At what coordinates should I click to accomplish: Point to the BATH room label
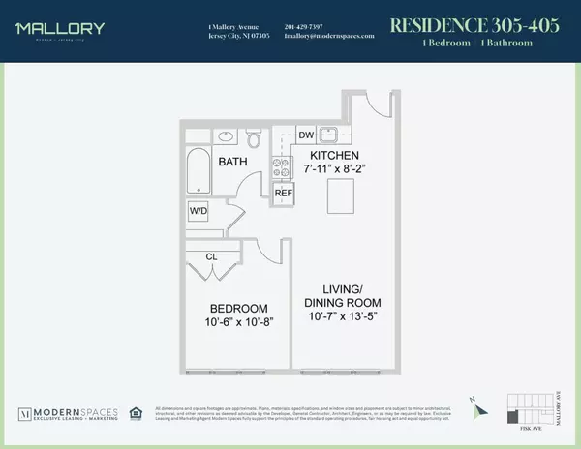tap(233, 162)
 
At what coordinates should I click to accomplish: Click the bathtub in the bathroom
tap(199, 172)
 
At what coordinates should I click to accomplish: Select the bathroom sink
tap(225, 135)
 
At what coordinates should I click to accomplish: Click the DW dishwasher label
tap(304, 135)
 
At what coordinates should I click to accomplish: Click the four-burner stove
tap(284, 165)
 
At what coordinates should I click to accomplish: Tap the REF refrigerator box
tap(284, 193)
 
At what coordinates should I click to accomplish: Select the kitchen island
tap(339, 198)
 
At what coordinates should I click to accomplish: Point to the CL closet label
tap(210, 256)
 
